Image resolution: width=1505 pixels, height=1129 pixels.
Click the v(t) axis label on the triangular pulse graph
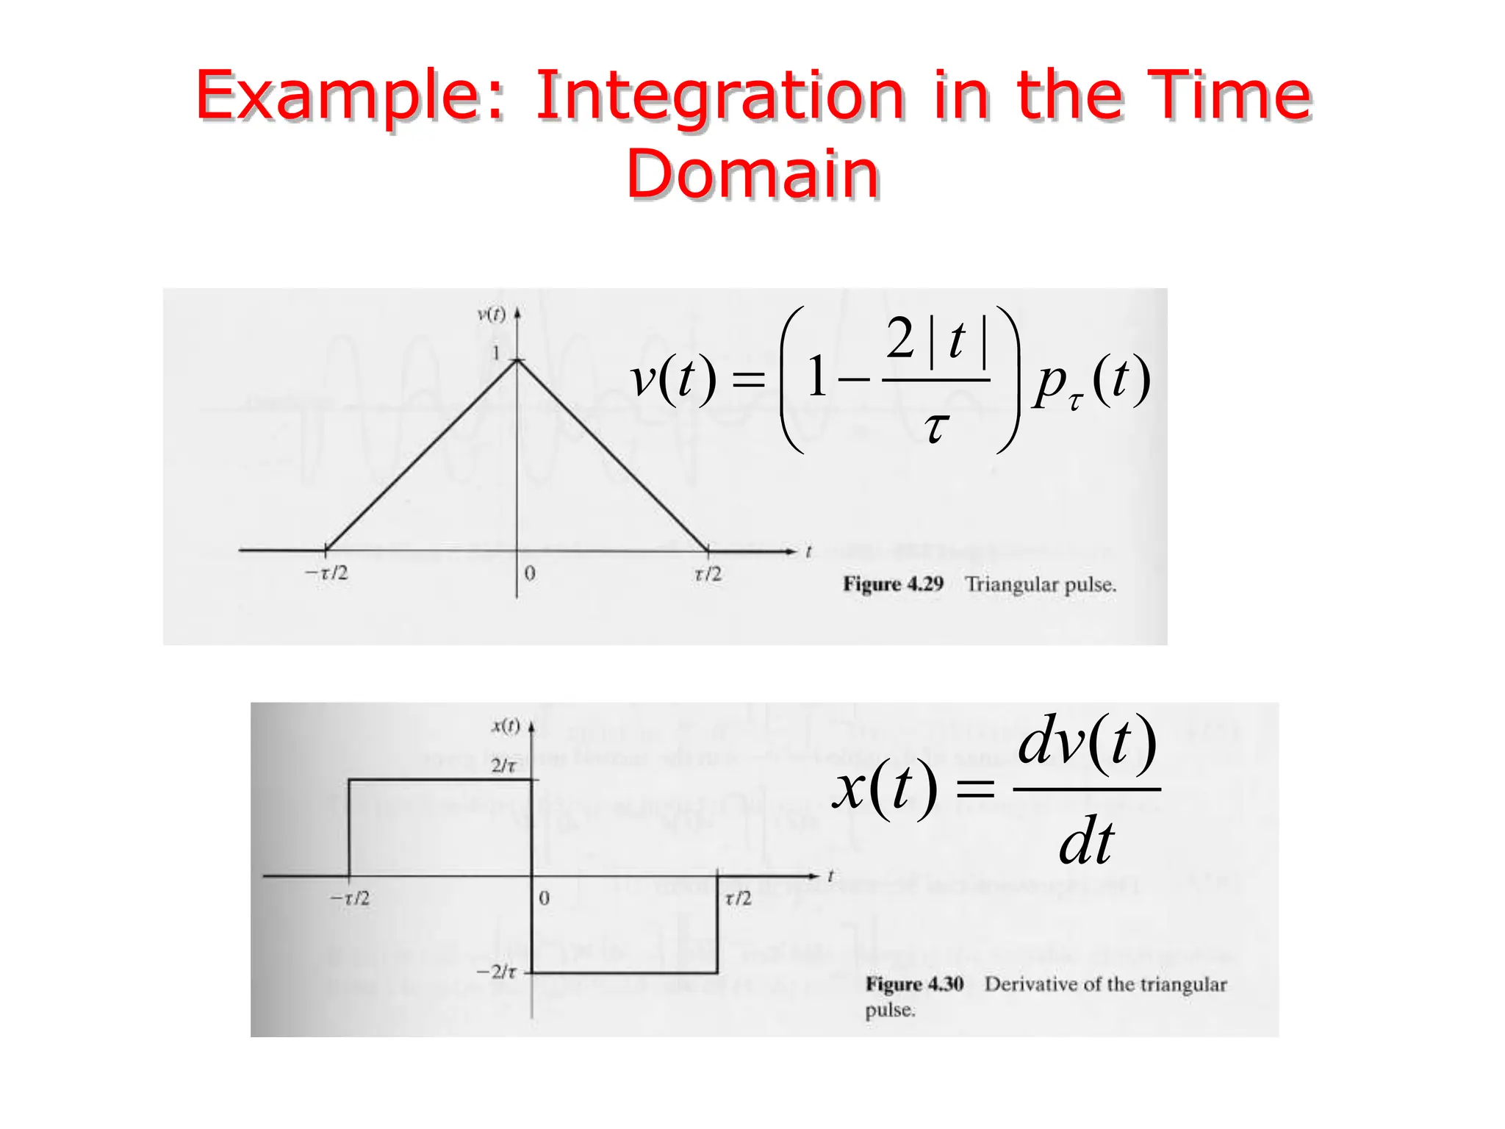point(491,315)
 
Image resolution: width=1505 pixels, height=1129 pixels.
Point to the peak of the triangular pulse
point(517,360)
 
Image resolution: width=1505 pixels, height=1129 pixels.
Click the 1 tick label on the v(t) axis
point(497,353)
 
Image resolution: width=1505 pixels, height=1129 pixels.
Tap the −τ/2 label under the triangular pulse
point(327,573)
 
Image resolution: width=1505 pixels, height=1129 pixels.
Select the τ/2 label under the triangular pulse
point(708,574)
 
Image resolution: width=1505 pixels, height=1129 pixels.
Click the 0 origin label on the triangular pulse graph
point(530,573)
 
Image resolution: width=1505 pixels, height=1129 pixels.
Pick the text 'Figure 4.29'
point(893,584)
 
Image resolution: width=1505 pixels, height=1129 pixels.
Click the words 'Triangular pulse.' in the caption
point(1041,585)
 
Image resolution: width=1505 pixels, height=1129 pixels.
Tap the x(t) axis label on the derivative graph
point(506,726)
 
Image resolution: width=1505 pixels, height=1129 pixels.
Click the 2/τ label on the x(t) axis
point(504,766)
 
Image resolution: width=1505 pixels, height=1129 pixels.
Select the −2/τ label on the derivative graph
point(497,972)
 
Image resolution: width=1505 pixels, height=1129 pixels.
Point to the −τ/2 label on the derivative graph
point(350,898)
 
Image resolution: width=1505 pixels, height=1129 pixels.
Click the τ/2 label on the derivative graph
point(738,898)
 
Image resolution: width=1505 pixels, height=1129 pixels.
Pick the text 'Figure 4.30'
point(914,984)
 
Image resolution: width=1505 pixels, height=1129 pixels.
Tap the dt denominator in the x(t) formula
point(1086,842)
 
